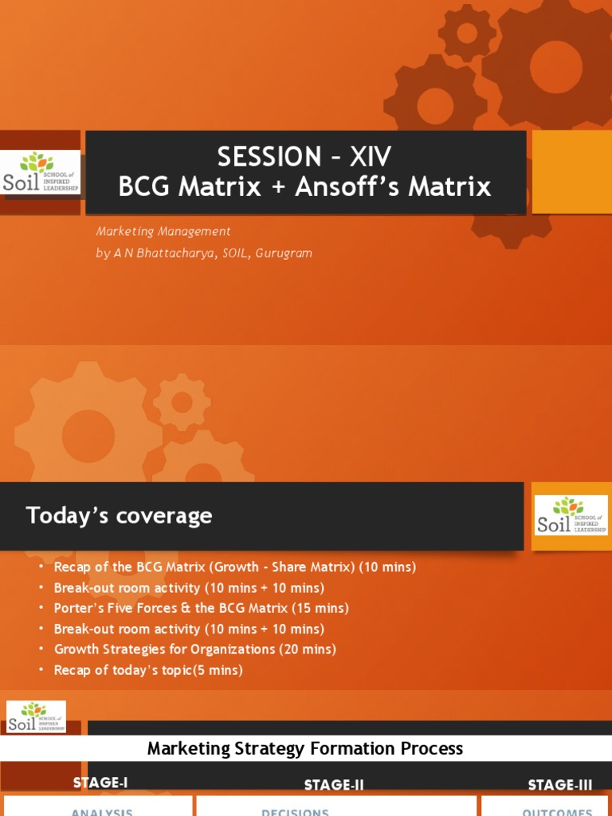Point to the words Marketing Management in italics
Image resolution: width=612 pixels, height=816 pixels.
163,231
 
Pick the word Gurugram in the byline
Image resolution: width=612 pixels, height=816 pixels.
284,253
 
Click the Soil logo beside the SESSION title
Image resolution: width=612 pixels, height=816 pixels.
40,172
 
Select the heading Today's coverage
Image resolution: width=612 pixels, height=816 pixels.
120,516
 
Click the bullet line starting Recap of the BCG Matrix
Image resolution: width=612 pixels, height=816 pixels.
235,567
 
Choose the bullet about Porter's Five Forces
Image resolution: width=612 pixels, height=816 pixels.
202,608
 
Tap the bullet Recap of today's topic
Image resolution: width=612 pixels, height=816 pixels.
148,670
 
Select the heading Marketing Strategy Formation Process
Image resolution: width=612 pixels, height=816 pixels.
305,748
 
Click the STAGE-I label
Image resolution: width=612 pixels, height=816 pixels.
100,783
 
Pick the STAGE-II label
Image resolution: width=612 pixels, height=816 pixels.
334,785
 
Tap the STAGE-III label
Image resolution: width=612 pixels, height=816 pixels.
560,785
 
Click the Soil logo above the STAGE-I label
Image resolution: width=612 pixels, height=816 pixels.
37,716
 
